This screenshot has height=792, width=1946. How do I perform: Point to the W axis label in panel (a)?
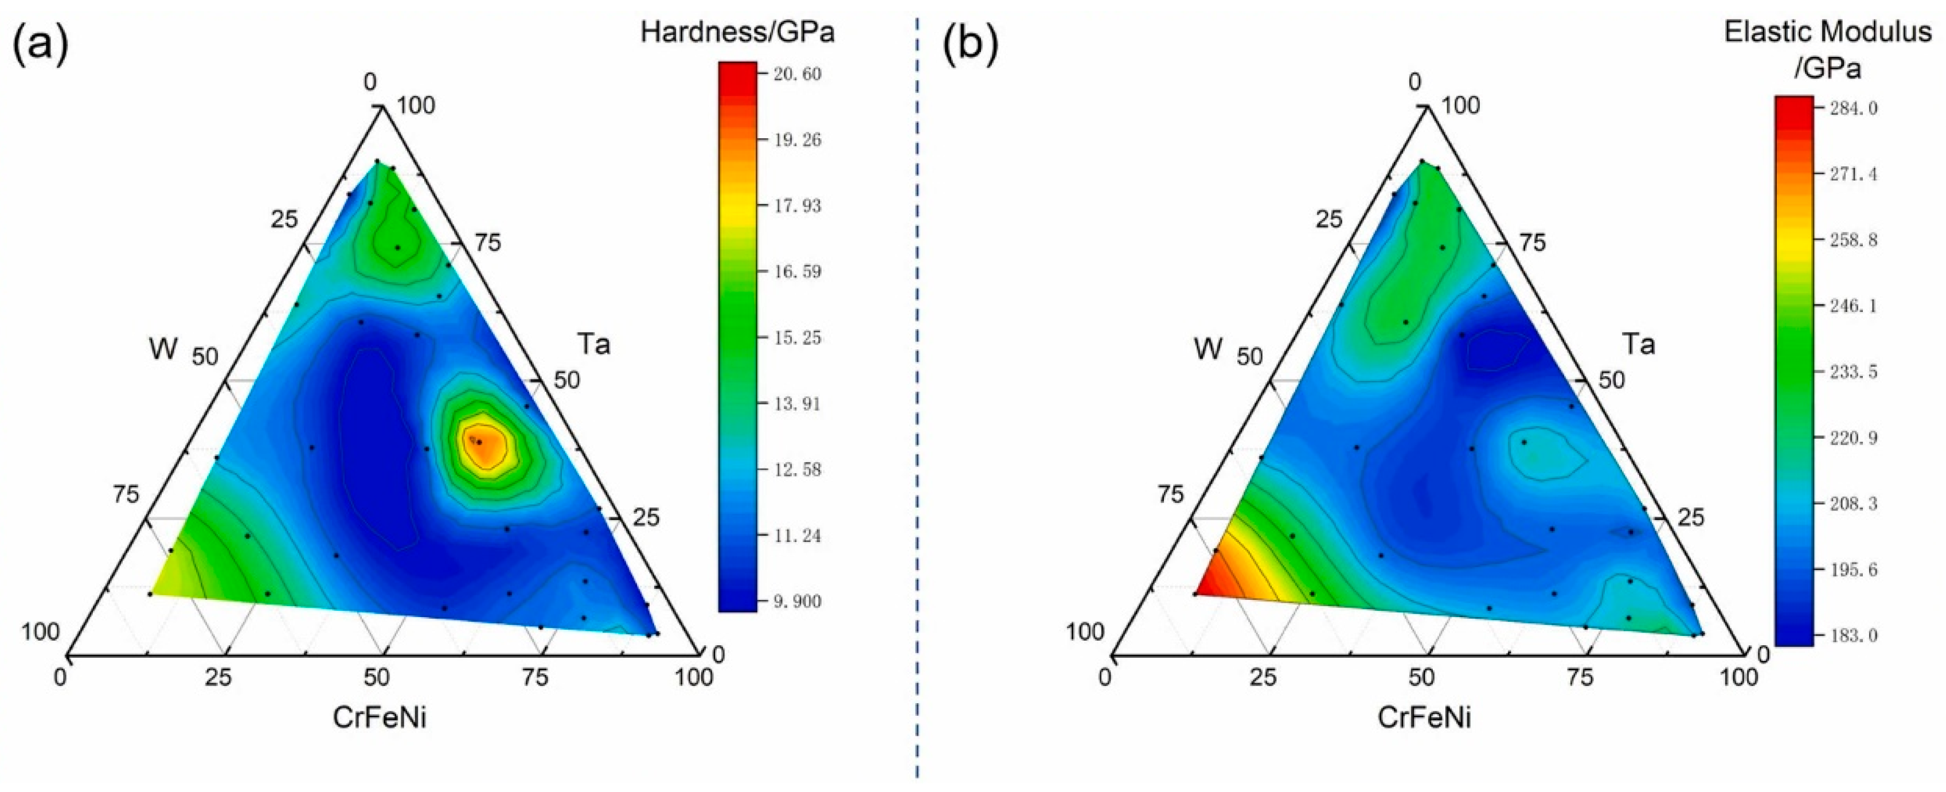pos(163,349)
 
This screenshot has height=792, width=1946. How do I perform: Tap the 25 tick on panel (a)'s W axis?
pos(284,220)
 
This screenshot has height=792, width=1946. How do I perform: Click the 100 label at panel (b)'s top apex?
pos(1460,106)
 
